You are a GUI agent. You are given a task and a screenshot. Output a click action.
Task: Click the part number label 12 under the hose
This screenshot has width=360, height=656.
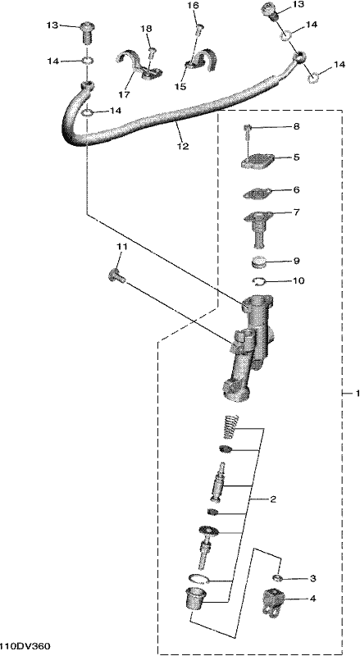(x=183, y=147)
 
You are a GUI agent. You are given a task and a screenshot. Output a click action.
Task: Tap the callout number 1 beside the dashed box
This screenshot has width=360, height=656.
(x=357, y=394)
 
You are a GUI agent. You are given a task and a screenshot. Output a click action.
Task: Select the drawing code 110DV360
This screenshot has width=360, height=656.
(x=25, y=646)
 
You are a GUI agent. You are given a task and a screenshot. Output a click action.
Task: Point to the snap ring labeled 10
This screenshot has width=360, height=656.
(x=259, y=282)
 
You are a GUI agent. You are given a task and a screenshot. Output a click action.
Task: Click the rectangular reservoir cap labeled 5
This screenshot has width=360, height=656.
(x=257, y=161)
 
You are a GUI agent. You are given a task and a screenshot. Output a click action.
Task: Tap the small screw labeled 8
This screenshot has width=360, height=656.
(x=248, y=132)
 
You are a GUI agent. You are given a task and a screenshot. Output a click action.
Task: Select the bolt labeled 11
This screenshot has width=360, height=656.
(x=116, y=276)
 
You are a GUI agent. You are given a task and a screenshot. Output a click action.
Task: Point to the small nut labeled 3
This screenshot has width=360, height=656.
(x=277, y=578)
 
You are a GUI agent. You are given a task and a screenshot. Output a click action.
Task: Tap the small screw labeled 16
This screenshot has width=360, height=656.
(x=200, y=30)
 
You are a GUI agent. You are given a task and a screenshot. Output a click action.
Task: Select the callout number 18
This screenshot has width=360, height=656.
(x=147, y=29)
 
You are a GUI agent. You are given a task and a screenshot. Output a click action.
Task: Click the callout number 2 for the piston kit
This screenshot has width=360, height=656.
(x=272, y=499)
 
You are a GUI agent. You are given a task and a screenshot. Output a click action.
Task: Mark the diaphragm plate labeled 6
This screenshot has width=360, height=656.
(x=257, y=194)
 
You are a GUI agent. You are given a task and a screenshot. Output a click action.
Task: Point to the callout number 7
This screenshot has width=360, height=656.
(x=296, y=212)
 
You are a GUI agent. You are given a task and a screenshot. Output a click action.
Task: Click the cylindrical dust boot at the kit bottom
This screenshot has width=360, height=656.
(x=194, y=599)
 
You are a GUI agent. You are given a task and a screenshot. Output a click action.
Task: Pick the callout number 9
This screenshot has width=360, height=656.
(x=296, y=261)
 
